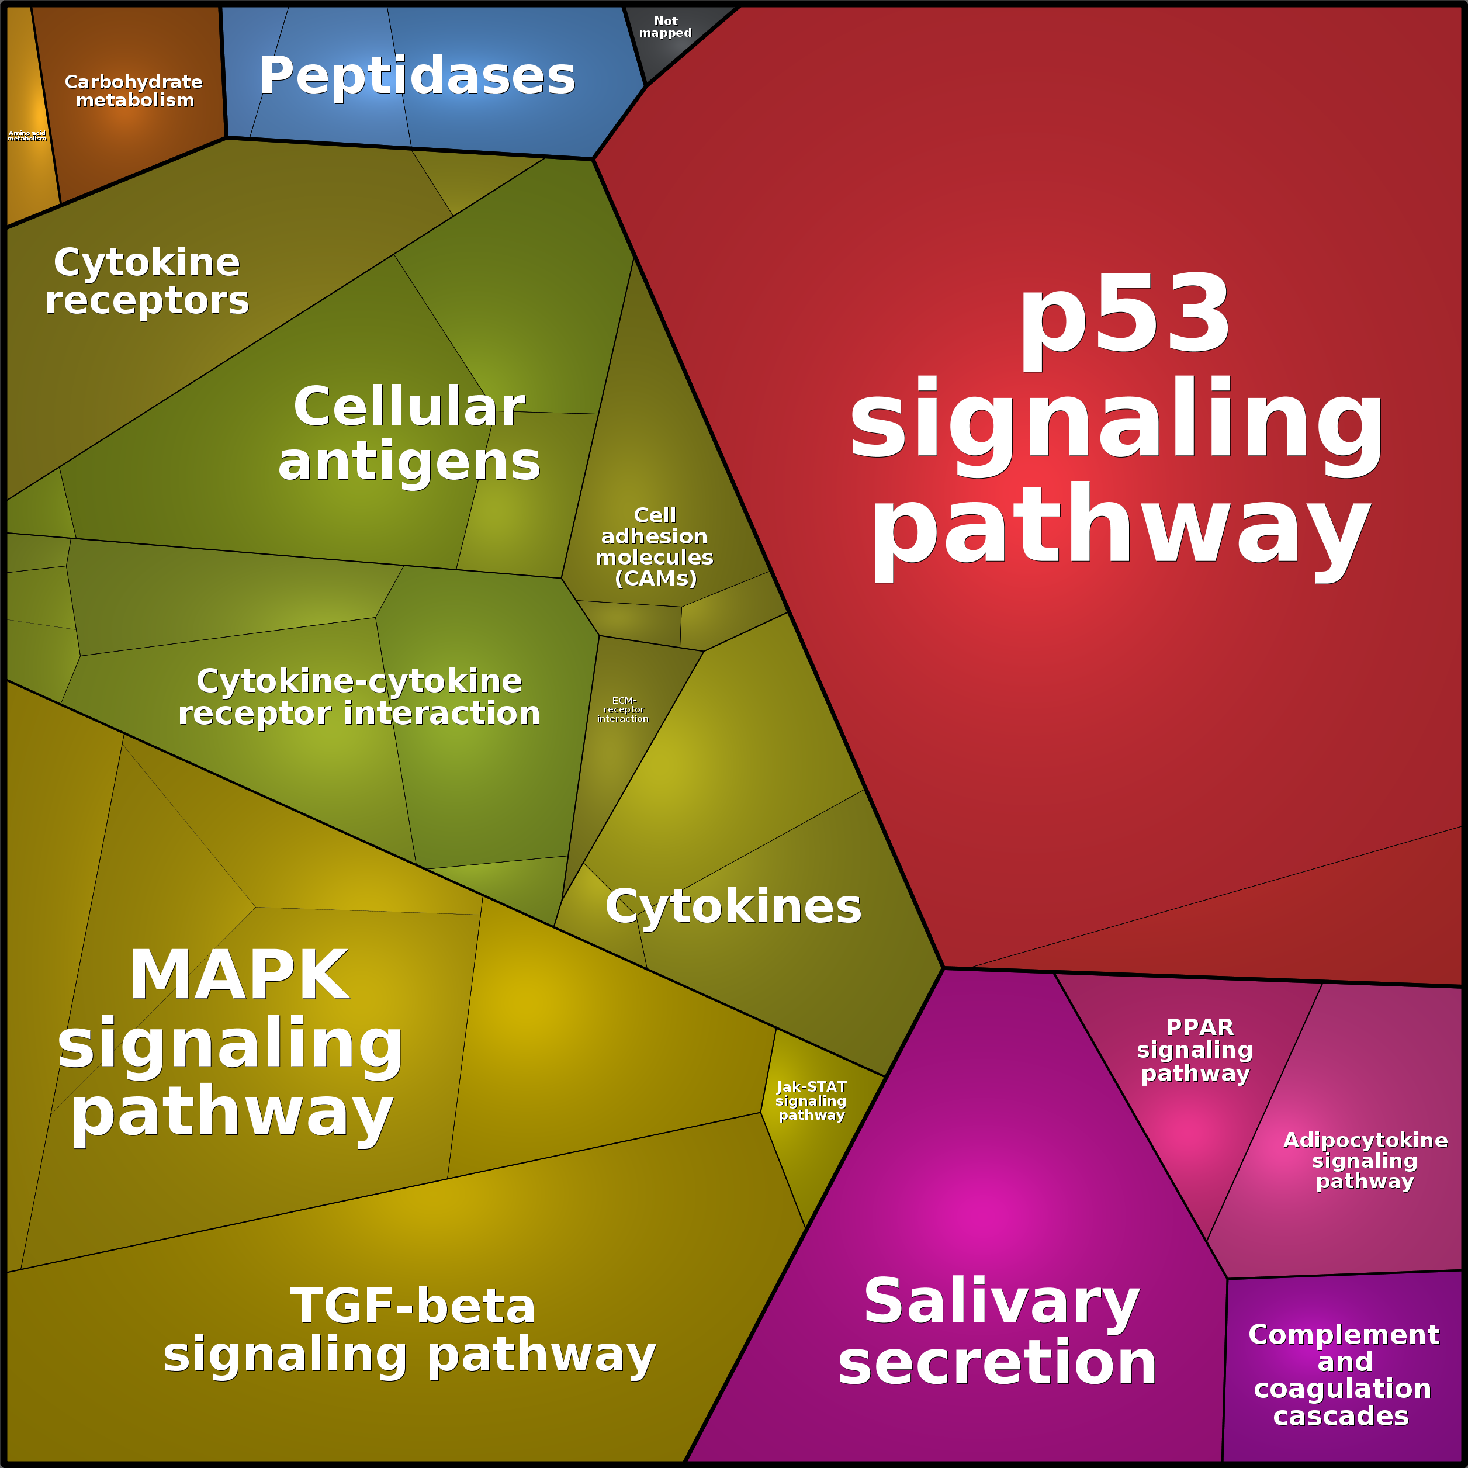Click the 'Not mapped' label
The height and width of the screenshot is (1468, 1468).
click(665, 27)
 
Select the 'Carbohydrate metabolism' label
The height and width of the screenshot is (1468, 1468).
click(134, 91)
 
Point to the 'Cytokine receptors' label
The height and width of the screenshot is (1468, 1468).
click(147, 281)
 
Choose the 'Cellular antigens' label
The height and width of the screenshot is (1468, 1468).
click(409, 433)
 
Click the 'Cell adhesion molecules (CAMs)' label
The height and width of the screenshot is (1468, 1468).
click(654, 546)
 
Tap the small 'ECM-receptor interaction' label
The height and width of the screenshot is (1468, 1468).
click(623, 709)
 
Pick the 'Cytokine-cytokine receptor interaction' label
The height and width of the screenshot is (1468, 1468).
click(359, 697)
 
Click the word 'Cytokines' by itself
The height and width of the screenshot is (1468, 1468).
click(733, 906)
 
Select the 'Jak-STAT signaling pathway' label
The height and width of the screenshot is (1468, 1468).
click(811, 1101)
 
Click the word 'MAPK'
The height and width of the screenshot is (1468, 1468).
click(240, 975)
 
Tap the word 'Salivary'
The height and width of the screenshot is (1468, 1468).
click(1002, 1301)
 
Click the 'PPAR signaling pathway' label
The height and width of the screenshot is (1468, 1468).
click(1195, 1050)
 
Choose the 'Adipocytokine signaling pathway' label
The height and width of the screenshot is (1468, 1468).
click(1365, 1160)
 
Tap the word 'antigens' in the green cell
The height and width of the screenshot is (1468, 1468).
click(409, 463)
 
